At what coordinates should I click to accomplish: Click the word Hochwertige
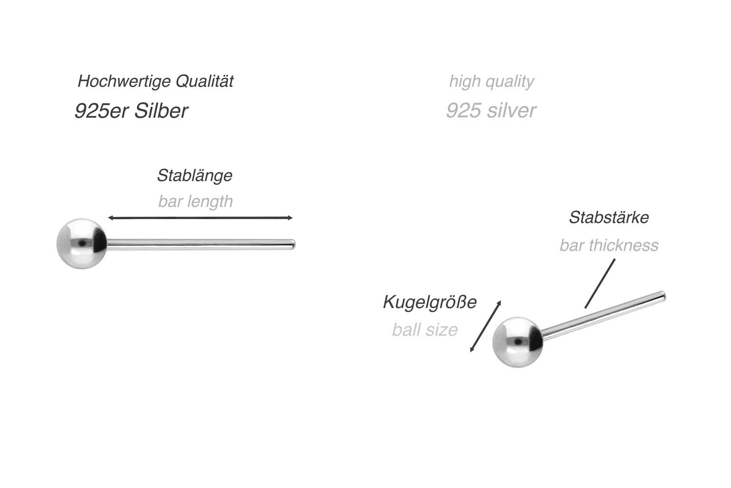tap(124, 81)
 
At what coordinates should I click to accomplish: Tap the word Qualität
tap(205, 80)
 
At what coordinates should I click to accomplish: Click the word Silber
tap(161, 111)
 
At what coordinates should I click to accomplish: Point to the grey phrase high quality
tap(491, 81)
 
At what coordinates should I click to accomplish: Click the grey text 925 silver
tap(491, 110)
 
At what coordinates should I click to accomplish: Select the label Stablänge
tap(195, 176)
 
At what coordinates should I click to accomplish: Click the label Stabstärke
tap(609, 217)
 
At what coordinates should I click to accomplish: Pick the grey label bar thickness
tap(609, 246)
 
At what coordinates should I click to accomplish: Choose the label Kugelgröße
tap(429, 302)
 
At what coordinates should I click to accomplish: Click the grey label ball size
tap(425, 330)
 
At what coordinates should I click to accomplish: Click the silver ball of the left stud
tap(81, 243)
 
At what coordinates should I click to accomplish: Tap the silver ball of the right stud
tap(518, 342)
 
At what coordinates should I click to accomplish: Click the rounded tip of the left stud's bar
tap(293, 245)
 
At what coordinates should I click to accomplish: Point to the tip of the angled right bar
tap(663, 296)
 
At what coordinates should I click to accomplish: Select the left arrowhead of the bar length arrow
tap(110, 218)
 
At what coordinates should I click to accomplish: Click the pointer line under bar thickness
tap(600, 283)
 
